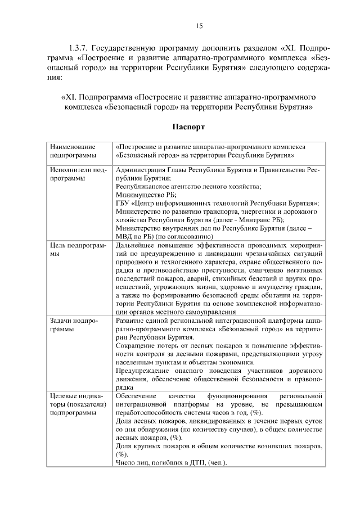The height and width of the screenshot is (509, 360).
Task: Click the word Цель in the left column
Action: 58,245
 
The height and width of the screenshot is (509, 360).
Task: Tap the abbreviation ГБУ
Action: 122,203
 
